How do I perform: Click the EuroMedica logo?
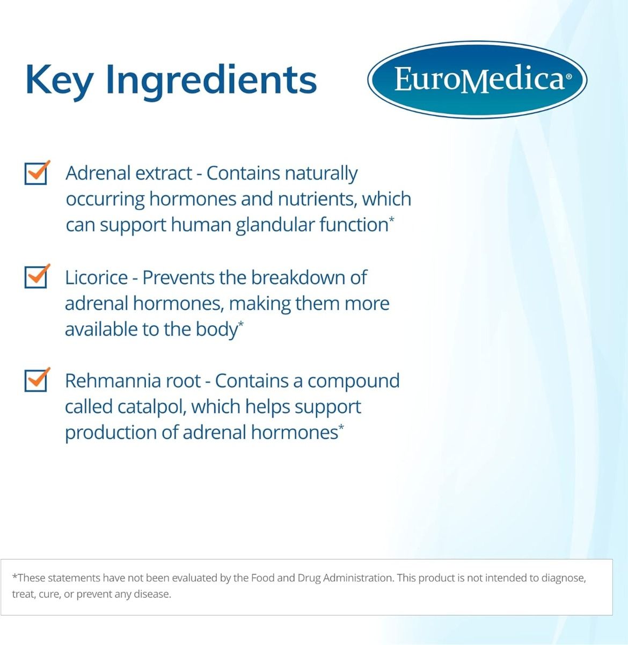click(x=477, y=80)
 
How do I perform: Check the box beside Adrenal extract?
click(x=36, y=174)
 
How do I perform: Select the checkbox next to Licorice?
click(x=36, y=277)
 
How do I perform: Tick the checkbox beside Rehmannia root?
click(x=36, y=381)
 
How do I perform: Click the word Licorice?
click(x=96, y=278)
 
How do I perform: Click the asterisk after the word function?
click(x=392, y=219)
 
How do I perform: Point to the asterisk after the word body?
click(x=241, y=324)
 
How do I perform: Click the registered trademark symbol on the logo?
click(x=569, y=76)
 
